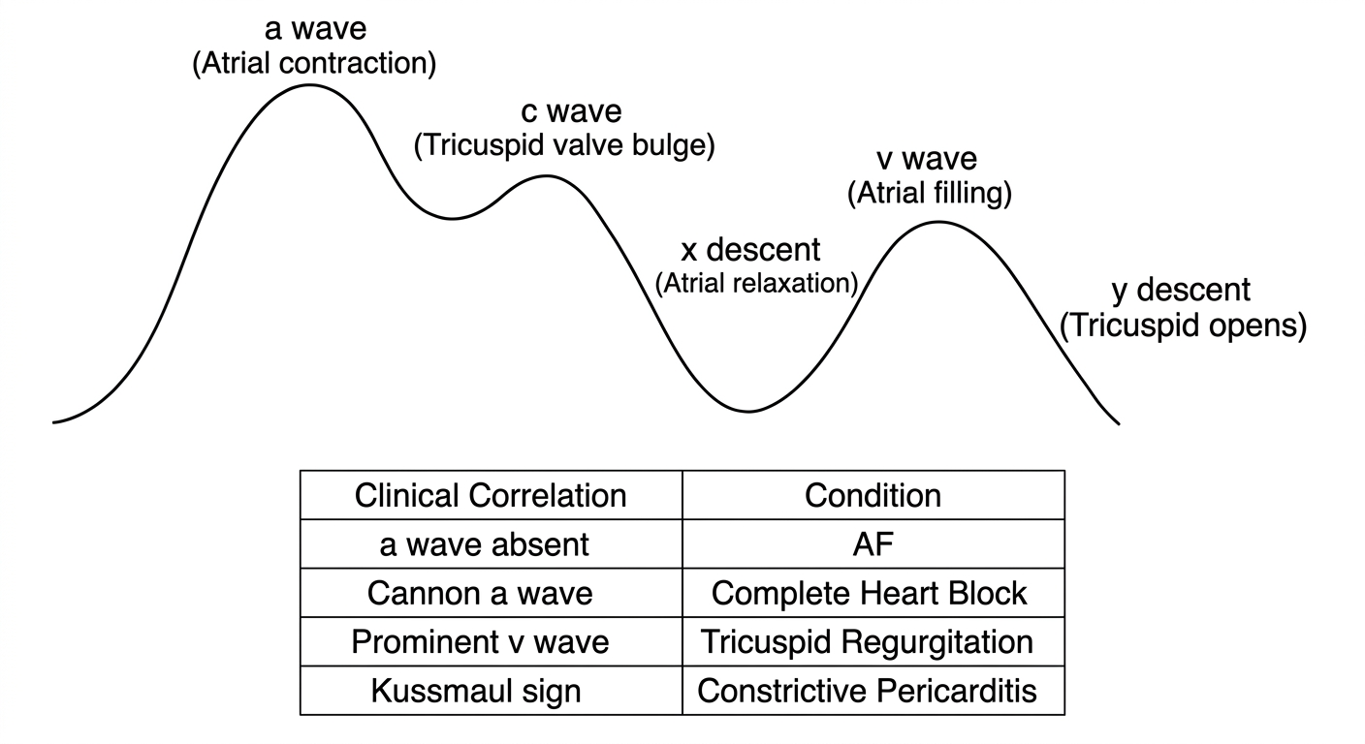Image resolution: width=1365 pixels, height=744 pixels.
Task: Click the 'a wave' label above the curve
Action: coord(316,29)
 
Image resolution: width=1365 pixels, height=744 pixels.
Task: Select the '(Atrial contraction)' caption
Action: coord(314,64)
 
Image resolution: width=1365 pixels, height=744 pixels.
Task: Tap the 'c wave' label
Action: coord(572,111)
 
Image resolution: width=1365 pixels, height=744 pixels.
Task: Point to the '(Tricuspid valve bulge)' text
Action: coord(564,146)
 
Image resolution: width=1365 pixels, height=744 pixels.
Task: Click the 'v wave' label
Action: coord(927,160)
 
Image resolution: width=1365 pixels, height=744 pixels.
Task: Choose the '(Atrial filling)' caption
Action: coord(930,194)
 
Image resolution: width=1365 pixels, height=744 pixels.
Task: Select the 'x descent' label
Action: coord(750,250)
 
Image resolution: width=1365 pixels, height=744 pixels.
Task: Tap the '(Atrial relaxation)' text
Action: coord(757,284)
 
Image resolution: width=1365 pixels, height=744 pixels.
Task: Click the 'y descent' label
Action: coord(1181,291)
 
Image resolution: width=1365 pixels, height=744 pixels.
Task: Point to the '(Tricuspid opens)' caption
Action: coord(1184,326)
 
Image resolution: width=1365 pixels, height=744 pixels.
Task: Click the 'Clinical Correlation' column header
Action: coord(491,496)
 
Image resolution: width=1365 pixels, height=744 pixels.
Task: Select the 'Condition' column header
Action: coord(873,496)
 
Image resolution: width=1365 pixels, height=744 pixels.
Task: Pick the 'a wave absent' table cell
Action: coord(485,544)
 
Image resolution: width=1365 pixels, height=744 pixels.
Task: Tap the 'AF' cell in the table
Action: coord(873,544)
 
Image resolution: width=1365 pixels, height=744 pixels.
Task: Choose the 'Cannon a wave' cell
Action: coord(480,593)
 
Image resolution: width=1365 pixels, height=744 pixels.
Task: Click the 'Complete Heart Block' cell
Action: coord(869,593)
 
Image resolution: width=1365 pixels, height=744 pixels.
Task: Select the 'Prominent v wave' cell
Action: coord(480,641)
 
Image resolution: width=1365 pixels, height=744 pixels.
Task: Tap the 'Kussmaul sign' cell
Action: coord(476,692)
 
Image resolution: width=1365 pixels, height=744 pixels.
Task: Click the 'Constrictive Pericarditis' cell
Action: coord(867,691)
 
